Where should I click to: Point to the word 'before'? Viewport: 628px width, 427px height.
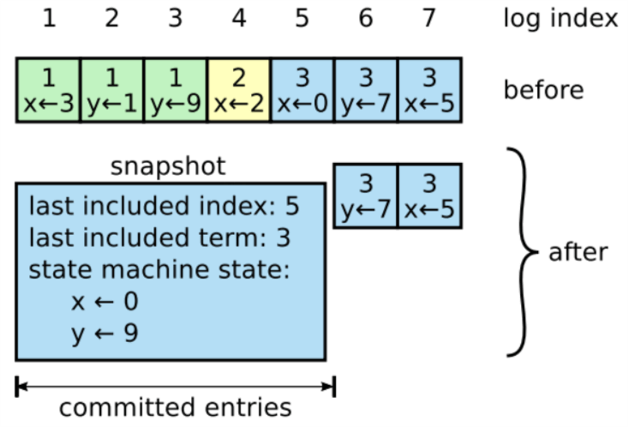[x=543, y=90]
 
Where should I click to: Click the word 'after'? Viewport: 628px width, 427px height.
[x=578, y=252]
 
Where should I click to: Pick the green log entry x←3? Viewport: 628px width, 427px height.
[x=48, y=91]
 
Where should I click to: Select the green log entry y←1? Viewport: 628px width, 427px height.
[x=111, y=91]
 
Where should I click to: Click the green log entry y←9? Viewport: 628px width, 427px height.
[x=176, y=91]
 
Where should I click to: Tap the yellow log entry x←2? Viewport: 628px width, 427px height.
[x=239, y=91]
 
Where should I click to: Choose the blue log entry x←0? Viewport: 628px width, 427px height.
[x=302, y=91]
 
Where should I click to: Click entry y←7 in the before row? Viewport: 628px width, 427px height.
[x=366, y=91]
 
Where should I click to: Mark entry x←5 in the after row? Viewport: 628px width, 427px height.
[x=430, y=196]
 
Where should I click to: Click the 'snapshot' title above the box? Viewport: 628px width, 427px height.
[x=168, y=166]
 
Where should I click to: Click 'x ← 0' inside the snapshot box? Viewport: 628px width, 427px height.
[x=105, y=302]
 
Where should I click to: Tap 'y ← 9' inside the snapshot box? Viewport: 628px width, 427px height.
[x=105, y=334]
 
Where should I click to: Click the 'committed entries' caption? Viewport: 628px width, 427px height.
[x=176, y=406]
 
